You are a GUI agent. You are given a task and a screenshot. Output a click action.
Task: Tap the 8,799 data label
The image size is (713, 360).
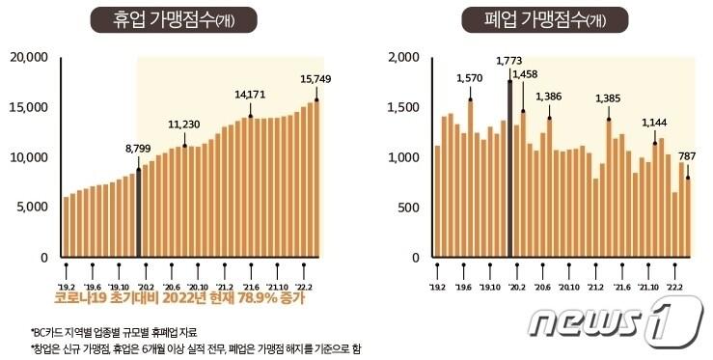point(139,149)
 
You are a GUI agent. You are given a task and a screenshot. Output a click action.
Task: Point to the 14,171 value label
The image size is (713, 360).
point(250,95)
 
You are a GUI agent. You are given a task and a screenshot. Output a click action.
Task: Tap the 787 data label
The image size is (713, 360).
point(687,155)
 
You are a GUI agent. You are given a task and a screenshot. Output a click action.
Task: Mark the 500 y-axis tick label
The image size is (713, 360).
point(407,207)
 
